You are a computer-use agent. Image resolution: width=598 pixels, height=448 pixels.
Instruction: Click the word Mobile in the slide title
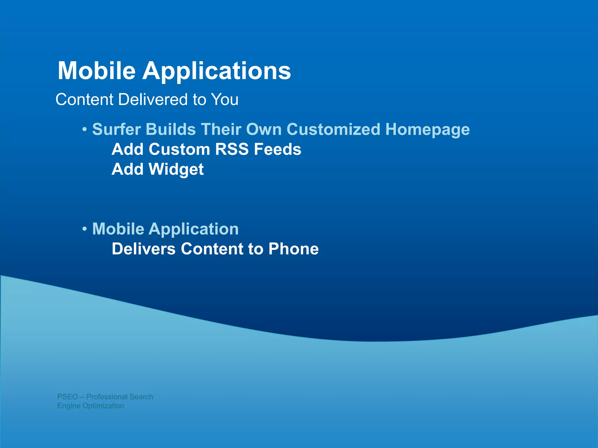97,71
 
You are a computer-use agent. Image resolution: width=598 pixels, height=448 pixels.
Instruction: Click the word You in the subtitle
225,99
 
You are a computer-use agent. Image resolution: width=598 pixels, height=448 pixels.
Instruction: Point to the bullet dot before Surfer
84,129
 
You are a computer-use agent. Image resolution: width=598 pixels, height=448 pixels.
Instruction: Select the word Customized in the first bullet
333,129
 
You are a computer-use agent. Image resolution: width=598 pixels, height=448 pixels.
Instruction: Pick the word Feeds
277,149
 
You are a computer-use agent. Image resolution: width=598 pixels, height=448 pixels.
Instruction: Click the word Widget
176,169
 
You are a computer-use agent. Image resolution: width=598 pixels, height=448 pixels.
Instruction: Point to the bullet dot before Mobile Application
84,229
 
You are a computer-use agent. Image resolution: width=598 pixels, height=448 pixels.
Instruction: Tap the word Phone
293,249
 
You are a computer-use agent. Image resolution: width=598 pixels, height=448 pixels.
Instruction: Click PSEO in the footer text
67,397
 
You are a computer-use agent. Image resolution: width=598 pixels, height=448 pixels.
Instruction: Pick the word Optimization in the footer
103,406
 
